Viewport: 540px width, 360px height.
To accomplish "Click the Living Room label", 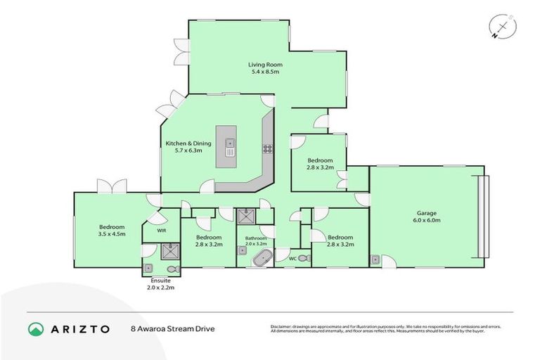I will coord(264,64).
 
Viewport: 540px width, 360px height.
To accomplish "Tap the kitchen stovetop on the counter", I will coord(267,148).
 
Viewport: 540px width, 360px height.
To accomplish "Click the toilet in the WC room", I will coord(304,259).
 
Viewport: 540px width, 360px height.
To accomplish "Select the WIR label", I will coord(161,230).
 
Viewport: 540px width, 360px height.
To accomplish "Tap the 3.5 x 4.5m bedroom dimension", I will coord(112,234).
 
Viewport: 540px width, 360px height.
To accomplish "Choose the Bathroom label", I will coord(256,238).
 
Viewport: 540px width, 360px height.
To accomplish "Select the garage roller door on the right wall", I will coord(482,217).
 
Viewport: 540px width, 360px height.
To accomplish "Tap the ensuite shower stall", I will coord(170,250).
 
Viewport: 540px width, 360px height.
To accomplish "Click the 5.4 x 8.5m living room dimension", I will coord(264,71).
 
